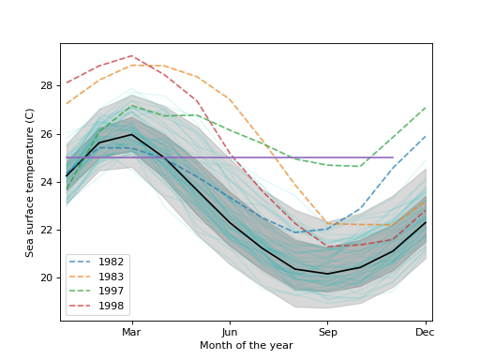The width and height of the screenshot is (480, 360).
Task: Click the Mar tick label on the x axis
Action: click(x=131, y=332)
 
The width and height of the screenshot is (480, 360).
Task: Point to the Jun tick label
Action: click(x=230, y=332)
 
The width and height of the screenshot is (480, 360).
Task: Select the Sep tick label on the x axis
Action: click(x=327, y=332)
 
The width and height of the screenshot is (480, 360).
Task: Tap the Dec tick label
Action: click(x=425, y=332)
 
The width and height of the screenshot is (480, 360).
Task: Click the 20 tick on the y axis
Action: click(x=47, y=277)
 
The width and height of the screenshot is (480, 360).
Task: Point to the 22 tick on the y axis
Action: click(x=47, y=230)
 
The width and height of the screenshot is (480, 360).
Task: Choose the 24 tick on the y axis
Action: click(x=47, y=182)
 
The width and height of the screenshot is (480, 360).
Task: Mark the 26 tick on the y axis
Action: click(x=47, y=134)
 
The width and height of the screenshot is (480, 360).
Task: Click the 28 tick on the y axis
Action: click(x=47, y=86)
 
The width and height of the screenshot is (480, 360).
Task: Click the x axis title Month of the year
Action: click(x=246, y=346)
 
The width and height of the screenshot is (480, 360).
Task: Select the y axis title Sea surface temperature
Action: click(x=30, y=182)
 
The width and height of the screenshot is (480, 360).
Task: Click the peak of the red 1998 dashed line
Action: click(x=131, y=56)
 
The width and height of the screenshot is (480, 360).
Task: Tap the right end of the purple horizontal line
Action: click(x=393, y=157)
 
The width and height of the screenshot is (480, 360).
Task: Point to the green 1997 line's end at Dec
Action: click(x=425, y=108)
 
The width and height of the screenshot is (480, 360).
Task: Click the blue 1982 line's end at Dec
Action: click(x=425, y=137)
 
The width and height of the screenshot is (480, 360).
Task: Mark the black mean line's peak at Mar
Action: click(x=131, y=134)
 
